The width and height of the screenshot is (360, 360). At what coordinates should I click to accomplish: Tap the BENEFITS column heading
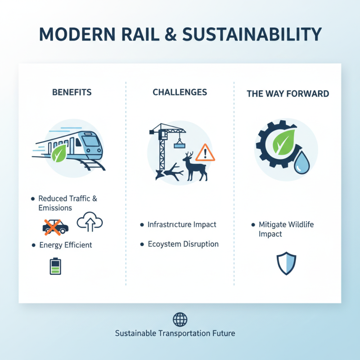pyautogui.click(x=72, y=92)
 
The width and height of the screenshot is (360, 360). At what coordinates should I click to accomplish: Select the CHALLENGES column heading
pyautogui.click(x=180, y=92)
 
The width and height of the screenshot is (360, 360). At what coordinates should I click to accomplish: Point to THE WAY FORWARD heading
pyautogui.click(x=288, y=94)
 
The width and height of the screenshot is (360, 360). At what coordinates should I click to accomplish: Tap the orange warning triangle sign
pyautogui.click(x=206, y=153)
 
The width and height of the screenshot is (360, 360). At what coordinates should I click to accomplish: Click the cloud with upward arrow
pyautogui.click(x=90, y=222)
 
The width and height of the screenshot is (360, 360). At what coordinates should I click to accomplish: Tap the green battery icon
pyautogui.click(x=55, y=265)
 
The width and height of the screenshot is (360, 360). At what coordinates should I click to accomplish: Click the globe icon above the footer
pyautogui.click(x=180, y=319)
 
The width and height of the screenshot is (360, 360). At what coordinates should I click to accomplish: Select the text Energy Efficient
pyautogui.click(x=66, y=245)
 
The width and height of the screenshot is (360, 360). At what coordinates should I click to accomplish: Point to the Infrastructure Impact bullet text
pyautogui.click(x=182, y=224)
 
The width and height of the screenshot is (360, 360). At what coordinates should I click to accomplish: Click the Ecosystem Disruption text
pyautogui.click(x=183, y=244)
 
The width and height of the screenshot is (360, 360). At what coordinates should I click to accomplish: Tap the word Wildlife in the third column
pyautogui.click(x=299, y=224)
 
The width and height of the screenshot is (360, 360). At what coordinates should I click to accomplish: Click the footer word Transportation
pyautogui.click(x=184, y=333)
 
